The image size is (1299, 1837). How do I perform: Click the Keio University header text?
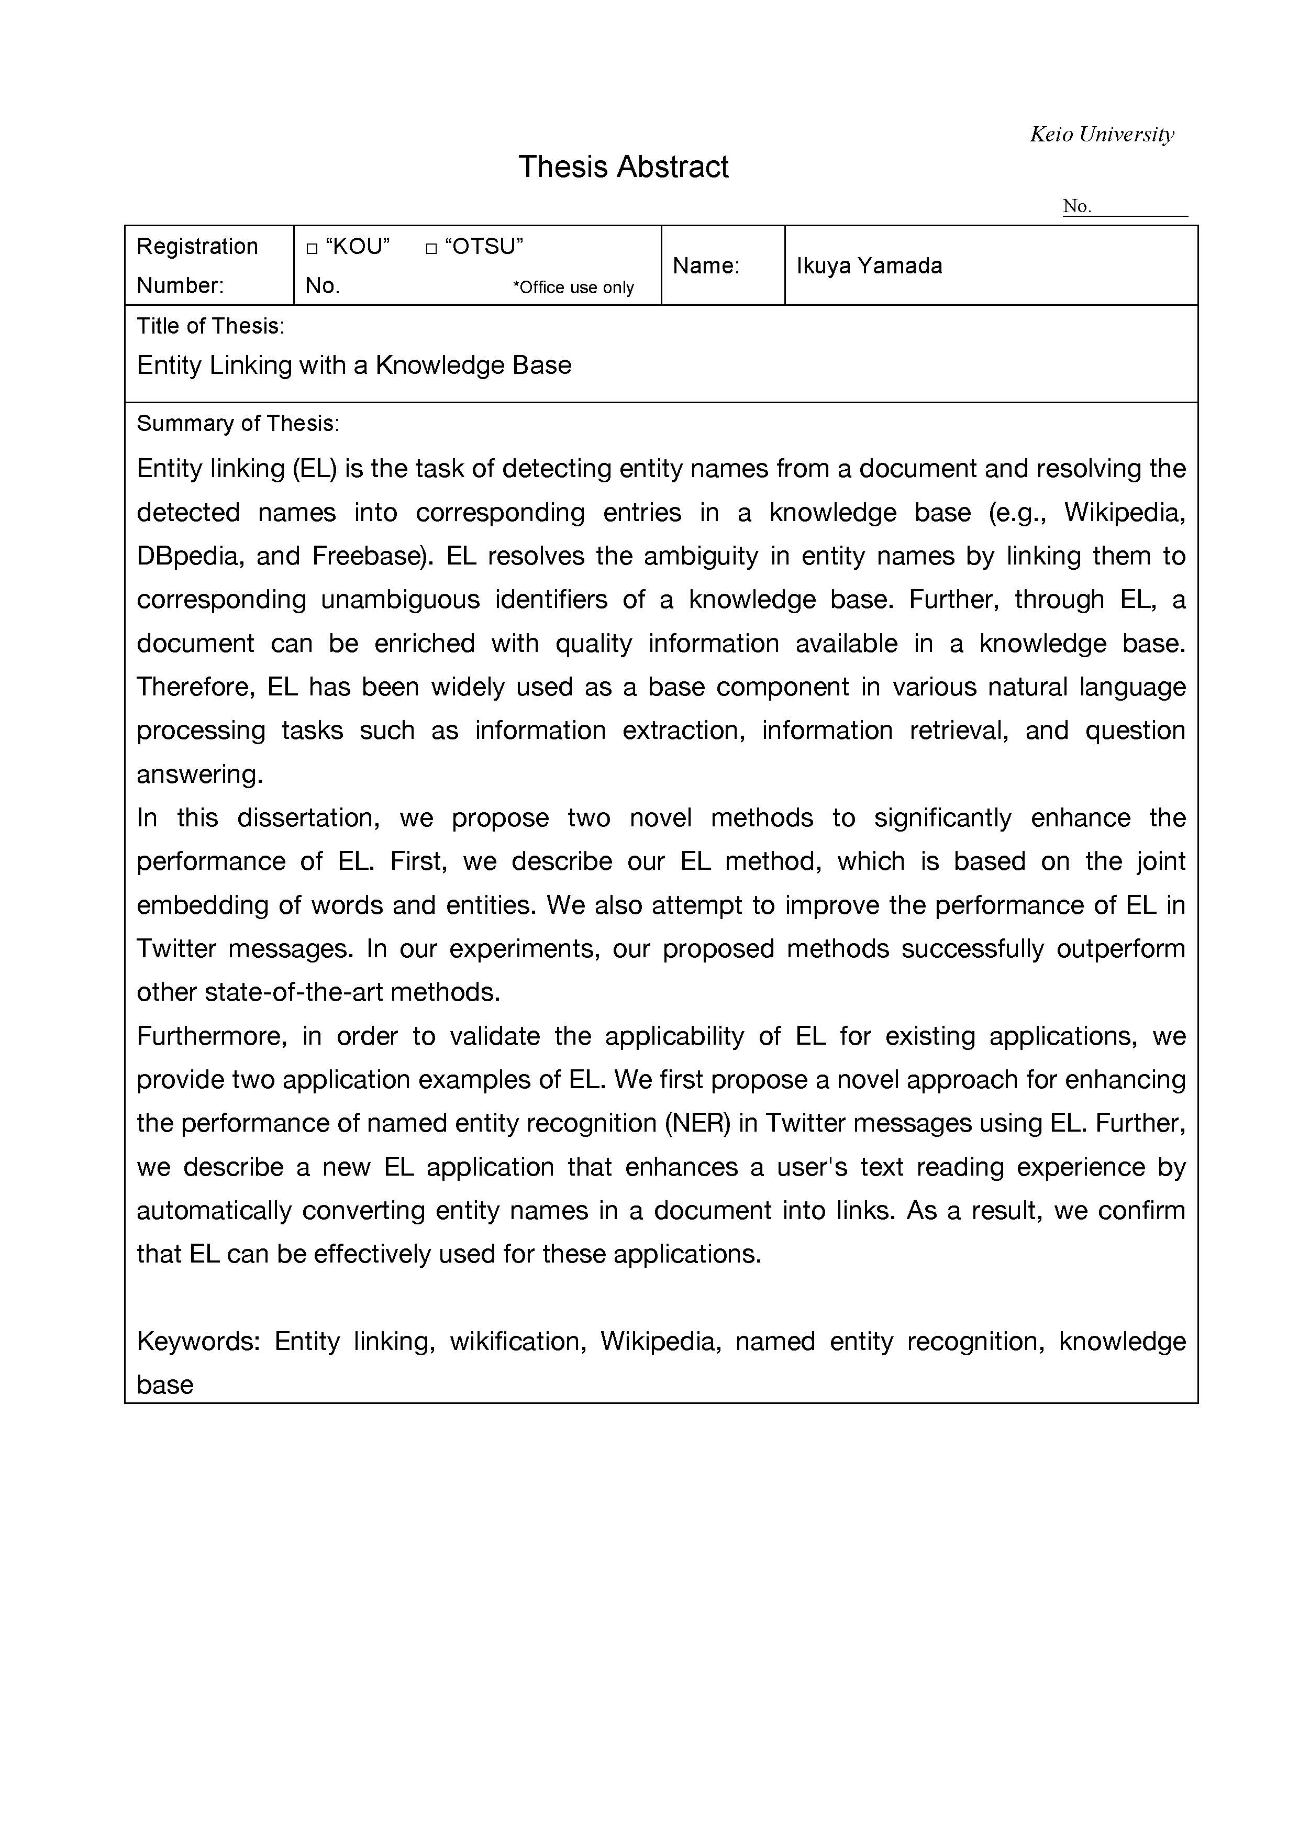click(x=1102, y=135)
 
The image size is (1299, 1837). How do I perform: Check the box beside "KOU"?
click(x=312, y=249)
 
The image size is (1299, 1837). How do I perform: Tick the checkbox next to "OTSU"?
click(x=431, y=249)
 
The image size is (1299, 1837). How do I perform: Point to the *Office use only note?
click(x=573, y=287)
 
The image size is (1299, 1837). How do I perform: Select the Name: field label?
click(x=705, y=265)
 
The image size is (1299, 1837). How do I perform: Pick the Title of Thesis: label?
click(x=210, y=326)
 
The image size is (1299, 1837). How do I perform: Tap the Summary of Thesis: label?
click(x=238, y=423)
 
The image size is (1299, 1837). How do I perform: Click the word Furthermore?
click(x=211, y=1036)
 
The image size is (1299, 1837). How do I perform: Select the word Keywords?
click(x=198, y=1341)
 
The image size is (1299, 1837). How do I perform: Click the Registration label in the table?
click(x=197, y=247)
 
